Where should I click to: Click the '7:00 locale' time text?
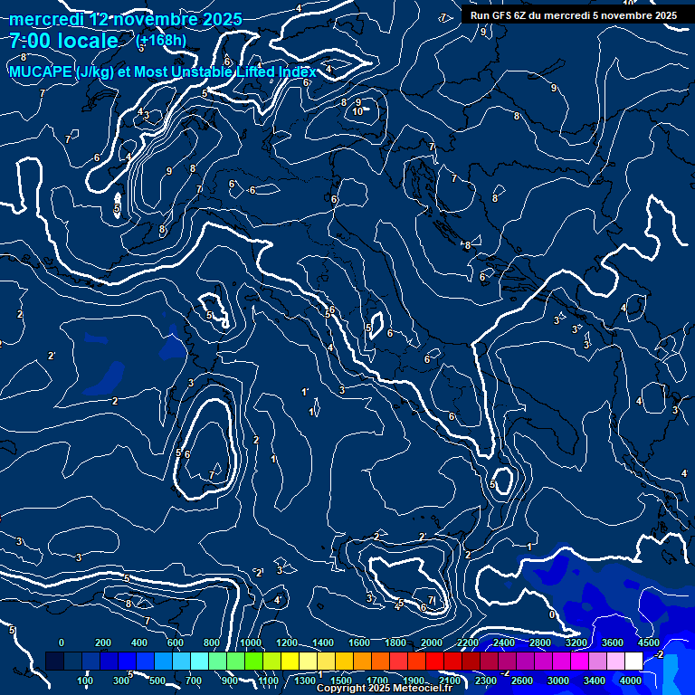[x=63, y=41]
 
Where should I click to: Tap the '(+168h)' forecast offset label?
[x=161, y=40]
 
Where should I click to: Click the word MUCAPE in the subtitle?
[x=41, y=72]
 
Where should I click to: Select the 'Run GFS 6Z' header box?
[x=573, y=15]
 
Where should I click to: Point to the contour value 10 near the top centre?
[x=358, y=111]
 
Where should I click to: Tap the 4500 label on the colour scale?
[x=648, y=643]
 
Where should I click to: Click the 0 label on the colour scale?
[x=62, y=643]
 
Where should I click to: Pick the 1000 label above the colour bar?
[x=251, y=643]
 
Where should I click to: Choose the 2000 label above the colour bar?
[x=433, y=643]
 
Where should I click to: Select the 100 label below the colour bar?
[x=85, y=681]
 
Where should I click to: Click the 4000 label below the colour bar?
[x=630, y=681]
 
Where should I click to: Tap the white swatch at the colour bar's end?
[x=633, y=662]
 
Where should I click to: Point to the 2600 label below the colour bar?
[x=522, y=681]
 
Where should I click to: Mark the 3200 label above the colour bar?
[x=576, y=643]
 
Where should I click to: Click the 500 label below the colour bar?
[x=157, y=681]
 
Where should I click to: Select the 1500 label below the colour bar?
[x=341, y=681]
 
